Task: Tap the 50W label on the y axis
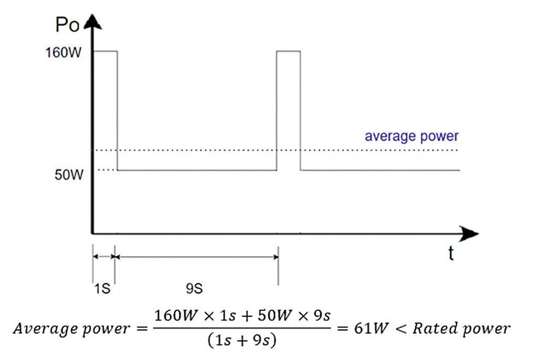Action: (x=70, y=175)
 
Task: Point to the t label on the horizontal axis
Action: (x=450, y=254)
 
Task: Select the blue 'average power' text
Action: (x=411, y=136)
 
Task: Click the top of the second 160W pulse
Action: (x=289, y=51)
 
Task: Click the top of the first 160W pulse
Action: (x=105, y=51)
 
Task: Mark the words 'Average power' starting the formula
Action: (x=71, y=329)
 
